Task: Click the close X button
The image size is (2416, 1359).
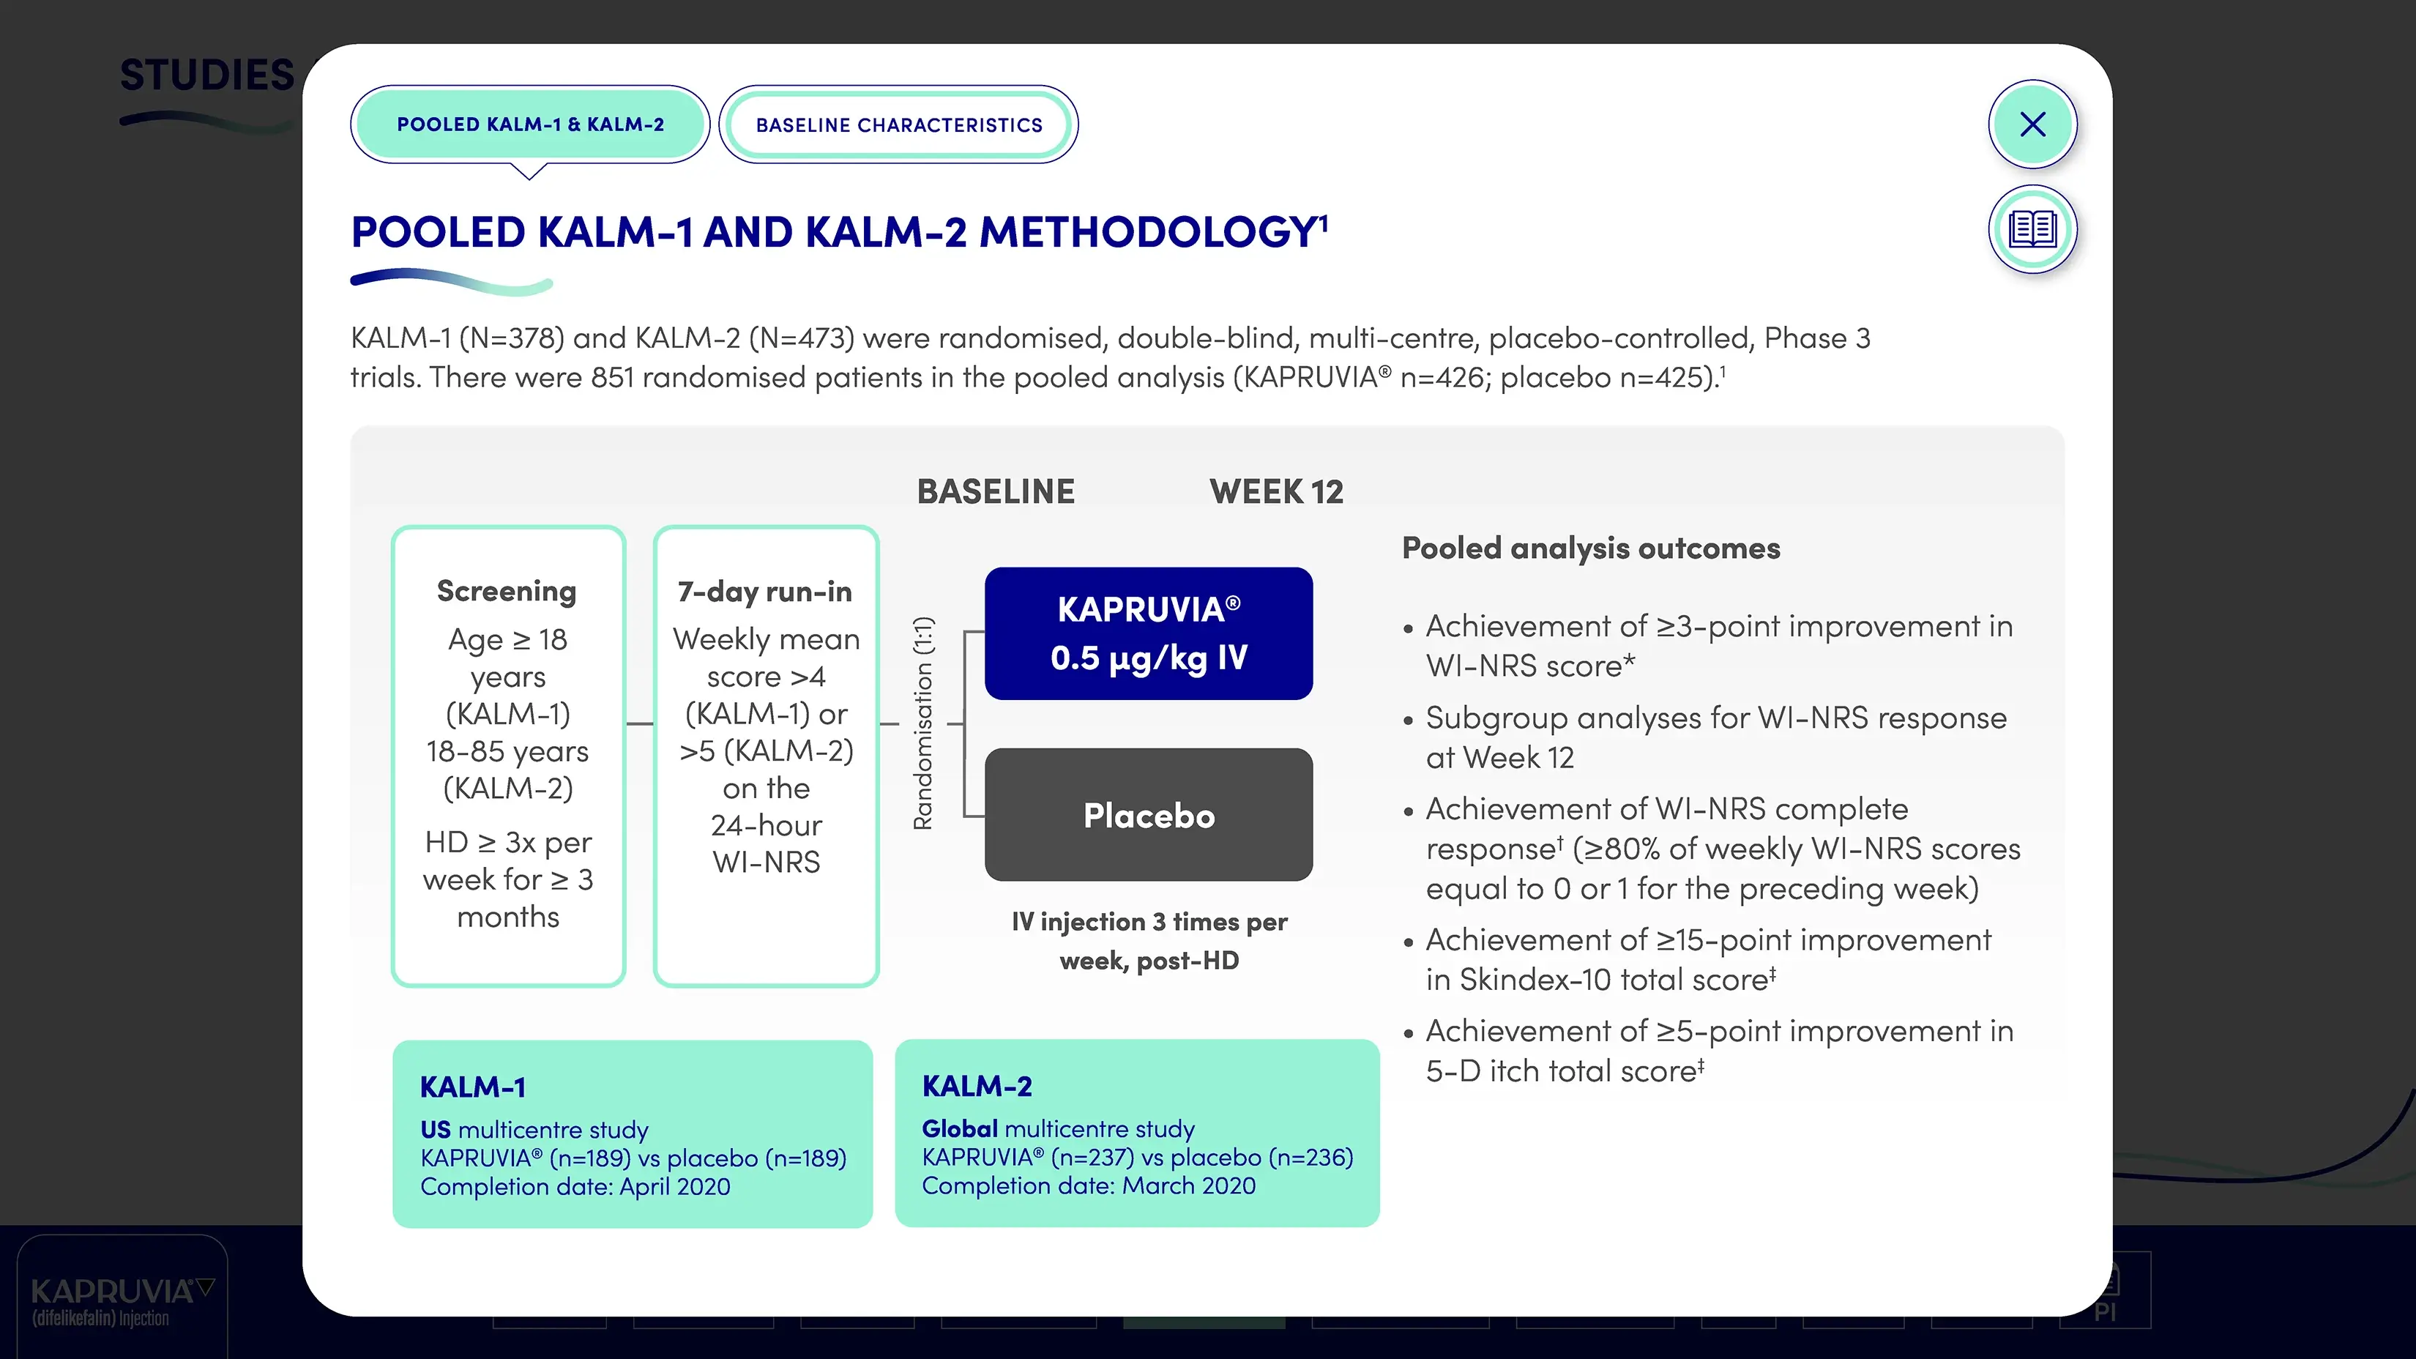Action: click(2032, 124)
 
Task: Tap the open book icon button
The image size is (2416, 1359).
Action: click(2032, 229)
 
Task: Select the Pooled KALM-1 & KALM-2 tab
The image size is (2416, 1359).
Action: click(530, 124)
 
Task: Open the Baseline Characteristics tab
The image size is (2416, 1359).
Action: click(898, 124)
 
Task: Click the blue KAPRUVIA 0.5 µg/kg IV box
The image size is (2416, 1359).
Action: click(1148, 633)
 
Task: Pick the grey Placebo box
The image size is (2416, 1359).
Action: click(1148, 814)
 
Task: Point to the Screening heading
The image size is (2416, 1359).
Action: click(507, 591)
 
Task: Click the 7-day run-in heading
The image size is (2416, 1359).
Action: click(764, 592)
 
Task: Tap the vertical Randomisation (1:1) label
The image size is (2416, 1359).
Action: click(924, 723)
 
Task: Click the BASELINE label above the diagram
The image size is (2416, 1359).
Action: click(995, 491)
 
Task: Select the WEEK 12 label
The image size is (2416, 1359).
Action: click(1275, 491)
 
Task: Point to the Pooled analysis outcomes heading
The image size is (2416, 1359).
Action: click(1591, 548)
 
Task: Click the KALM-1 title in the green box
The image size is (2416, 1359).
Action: click(473, 1087)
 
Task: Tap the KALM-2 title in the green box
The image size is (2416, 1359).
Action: click(977, 1086)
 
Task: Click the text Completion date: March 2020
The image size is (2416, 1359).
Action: click(1088, 1185)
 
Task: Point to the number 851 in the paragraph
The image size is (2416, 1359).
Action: click(613, 377)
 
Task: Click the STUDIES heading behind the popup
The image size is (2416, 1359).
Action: click(206, 75)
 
